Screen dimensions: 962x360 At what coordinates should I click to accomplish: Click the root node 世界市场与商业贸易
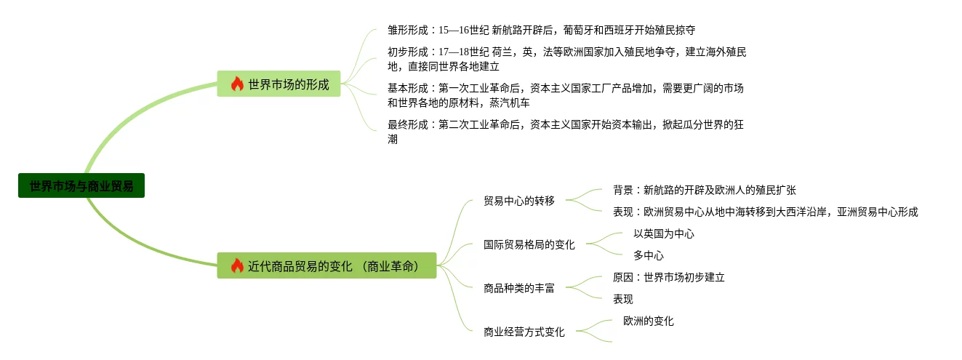click(x=81, y=185)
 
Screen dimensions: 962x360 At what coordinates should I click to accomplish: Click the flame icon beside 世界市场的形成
click(x=237, y=84)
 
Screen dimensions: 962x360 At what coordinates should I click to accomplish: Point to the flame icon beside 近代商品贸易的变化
click(x=237, y=265)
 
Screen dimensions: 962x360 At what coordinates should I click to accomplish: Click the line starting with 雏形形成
click(x=541, y=31)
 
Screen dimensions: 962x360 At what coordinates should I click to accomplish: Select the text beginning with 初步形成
click(x=566, y=59)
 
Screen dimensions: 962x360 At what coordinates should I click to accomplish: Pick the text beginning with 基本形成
click(x=565, y=95)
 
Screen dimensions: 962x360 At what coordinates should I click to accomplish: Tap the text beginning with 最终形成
click(x=565, y=132)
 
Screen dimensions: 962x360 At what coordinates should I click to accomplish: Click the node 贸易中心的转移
click(x=518, y=201)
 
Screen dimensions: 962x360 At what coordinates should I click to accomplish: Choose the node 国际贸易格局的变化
click(x=529, y=244)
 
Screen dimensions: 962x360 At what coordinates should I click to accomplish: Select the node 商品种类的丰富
click(x=518, y=288)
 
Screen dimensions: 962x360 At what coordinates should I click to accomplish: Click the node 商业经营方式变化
click(x=524, y=332)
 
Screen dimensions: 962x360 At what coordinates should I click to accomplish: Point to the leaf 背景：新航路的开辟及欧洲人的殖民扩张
click(x=704, y=190)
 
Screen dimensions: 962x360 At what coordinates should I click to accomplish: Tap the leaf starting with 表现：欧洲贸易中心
click(x=765, y=212)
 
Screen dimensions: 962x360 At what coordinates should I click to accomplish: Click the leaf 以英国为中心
click(x=663, y=233)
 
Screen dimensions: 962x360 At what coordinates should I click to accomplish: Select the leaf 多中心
click(x=648, y=255)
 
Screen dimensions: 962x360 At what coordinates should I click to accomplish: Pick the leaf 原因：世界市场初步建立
click(x=668, y=277)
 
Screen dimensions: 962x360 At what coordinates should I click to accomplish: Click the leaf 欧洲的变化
click(x=648, y=321)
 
